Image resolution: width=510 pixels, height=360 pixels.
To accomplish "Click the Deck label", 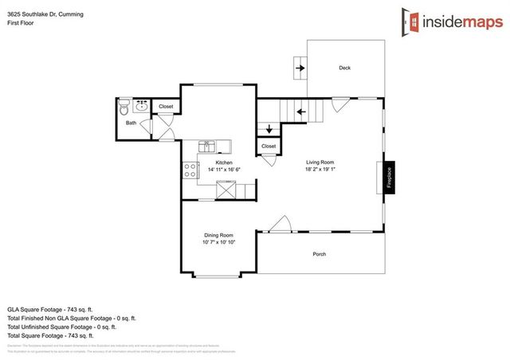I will pos(344,68).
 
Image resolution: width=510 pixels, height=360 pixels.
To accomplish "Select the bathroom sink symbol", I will pos(143,105).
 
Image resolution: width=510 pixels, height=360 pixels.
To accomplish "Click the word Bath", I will pos(131,123).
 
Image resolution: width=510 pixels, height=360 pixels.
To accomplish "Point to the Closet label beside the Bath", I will pos(166,106).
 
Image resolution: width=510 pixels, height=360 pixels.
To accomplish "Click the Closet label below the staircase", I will pos(269,147).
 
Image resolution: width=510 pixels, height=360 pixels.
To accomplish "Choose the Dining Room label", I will pos(218,235).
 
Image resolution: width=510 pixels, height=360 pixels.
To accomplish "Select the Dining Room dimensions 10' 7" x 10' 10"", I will pos(218,242).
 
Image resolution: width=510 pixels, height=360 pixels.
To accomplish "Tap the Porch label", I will pos(319,254).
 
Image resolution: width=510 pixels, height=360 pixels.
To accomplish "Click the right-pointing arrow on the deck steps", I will pos(300,68).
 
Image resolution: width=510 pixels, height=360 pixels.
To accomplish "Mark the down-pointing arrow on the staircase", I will pos(269,128).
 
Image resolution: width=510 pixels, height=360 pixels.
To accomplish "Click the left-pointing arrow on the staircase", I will pos(300,112).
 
